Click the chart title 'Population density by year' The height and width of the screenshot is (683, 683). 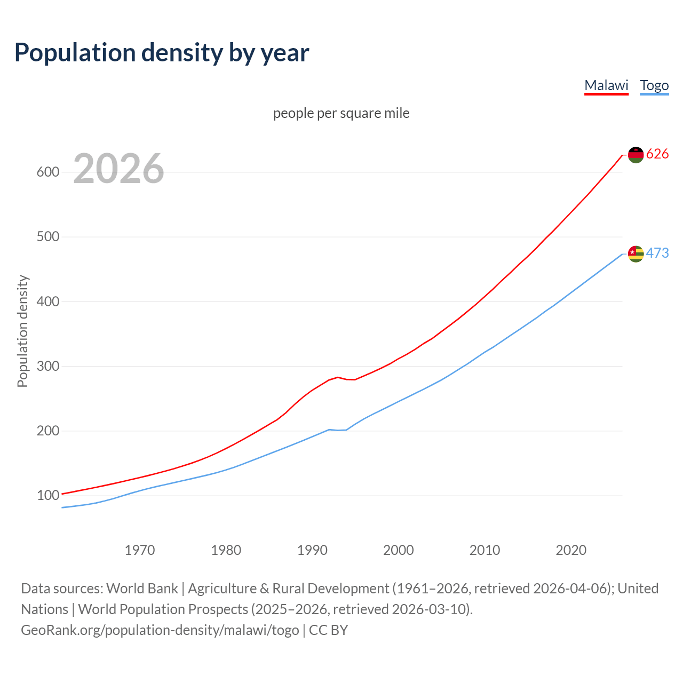[x=162, y=53]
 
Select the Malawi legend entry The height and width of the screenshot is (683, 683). [x=606, y=85]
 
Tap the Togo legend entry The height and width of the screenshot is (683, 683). [x=654, y=85]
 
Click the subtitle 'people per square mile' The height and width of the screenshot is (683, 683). [x=341, y=114]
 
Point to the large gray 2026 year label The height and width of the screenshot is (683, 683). [x=118, y=169]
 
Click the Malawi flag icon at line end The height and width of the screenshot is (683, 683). [x=636, y=155]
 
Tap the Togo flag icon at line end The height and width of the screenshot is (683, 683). [x=636, y=254]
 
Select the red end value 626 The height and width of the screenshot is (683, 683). [x=657, y=154]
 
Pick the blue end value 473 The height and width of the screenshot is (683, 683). [x=657, y=253]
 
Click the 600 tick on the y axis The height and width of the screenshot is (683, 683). [x=47, y=172]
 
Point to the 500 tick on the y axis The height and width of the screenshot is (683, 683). [x=47, y=237]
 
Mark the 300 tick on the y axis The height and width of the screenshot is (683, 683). [x=47, y=367]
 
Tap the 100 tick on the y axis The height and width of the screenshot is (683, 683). [x=47, y=496]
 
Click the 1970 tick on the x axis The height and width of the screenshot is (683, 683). [x=140, y=550]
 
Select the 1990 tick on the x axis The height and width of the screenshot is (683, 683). [x=312, y=550]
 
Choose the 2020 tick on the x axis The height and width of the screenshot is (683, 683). [x=571, y=550]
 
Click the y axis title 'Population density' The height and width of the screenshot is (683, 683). [x=22, y=331]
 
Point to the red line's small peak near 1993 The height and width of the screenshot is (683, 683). [x=338, y=377]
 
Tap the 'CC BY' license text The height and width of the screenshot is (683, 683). [x=329, y=630]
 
